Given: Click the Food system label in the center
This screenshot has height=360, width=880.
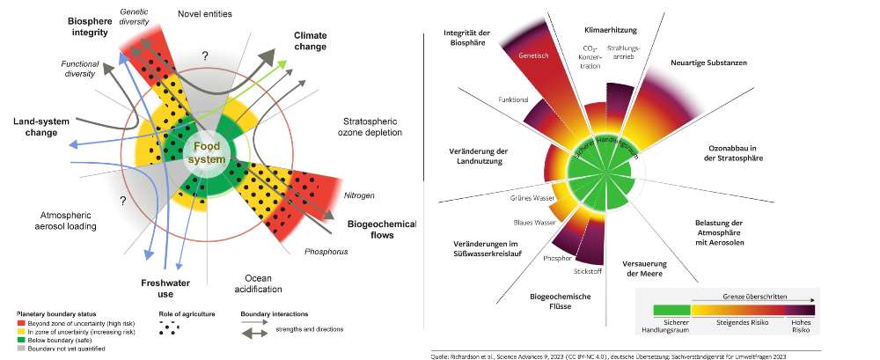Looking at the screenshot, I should coord(210,151).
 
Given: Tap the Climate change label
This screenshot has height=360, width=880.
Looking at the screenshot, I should coord(310,40).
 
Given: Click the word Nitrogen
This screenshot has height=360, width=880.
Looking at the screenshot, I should coord(359,195).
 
